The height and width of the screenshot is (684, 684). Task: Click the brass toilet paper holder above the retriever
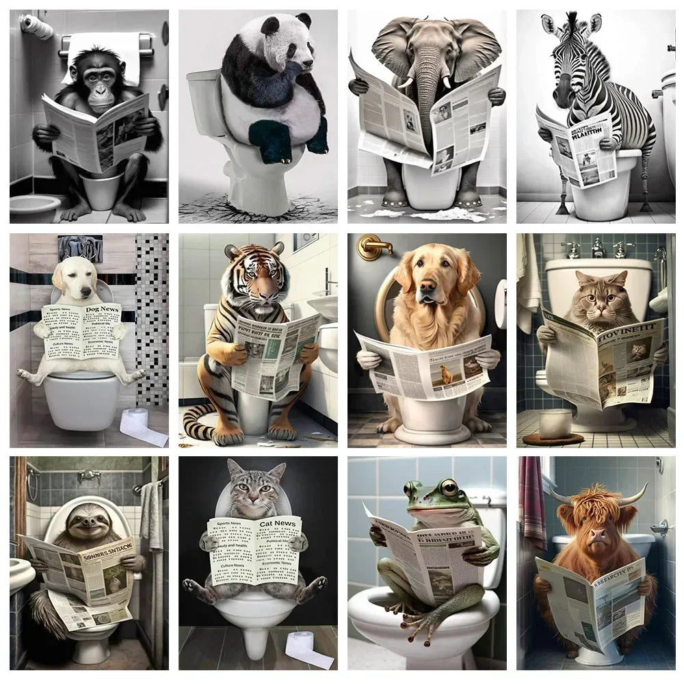point(373,246)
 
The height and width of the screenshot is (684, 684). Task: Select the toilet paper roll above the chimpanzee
point(37,27)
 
